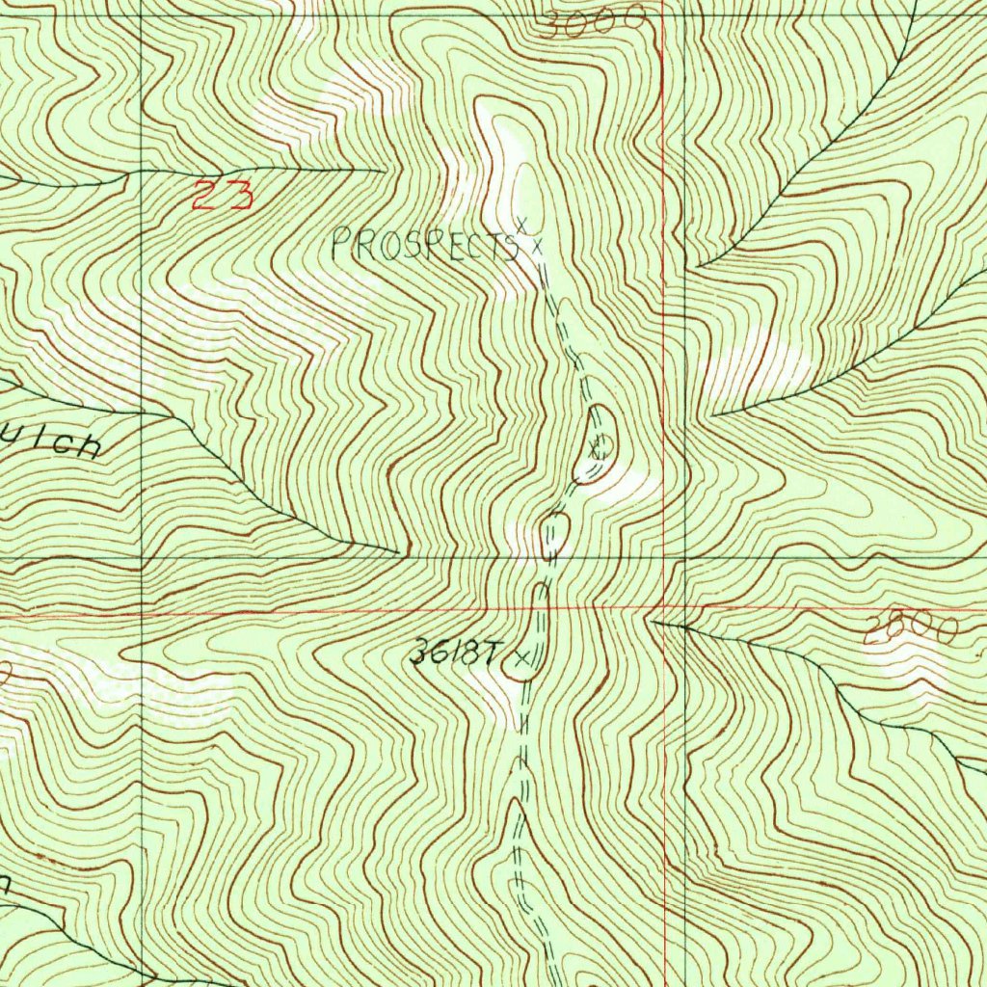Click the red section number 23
point(222,195)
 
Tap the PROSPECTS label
point(424,247)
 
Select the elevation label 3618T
point(454,654)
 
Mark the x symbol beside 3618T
point(522,658)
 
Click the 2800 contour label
point(911,630)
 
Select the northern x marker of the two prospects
point(521,225)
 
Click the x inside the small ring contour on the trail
point(598,446)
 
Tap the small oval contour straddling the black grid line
point(554,536)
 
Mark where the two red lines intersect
point(665,609)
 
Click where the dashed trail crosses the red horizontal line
point(538,609)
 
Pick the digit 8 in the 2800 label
point(894,630)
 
